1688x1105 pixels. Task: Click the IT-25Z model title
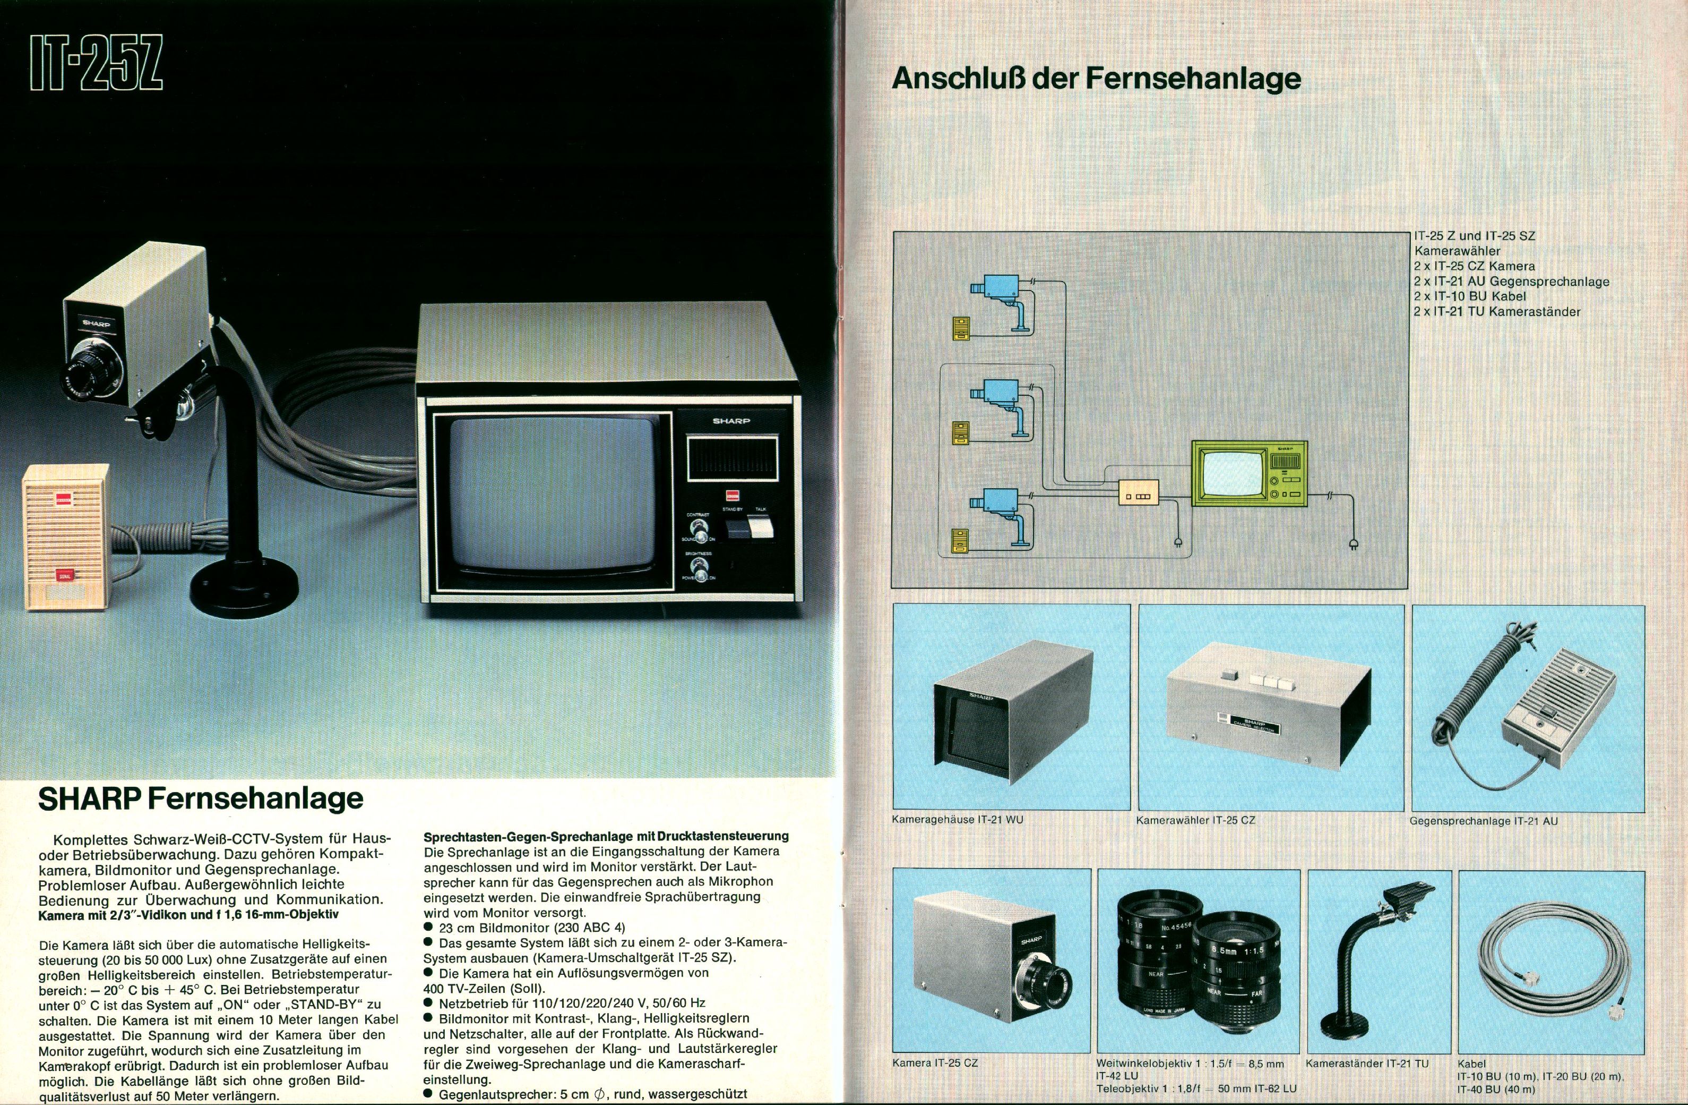(x=97, y=63)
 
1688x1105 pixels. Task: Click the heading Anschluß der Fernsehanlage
(x=1097, y=78)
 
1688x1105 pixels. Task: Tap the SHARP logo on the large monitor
(x=731, y=421)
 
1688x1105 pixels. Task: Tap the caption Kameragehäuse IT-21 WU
(x=958, y=820)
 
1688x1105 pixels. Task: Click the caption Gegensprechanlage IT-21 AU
(x=1484, y=821)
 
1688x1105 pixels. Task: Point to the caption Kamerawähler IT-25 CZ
(x=1196, y=820)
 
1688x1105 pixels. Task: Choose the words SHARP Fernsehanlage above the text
(x=201, y=799)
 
